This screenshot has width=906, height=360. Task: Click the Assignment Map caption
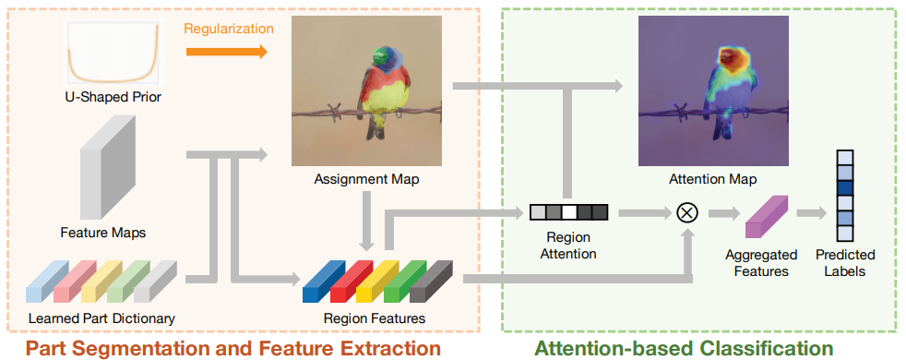(x=368, y=179)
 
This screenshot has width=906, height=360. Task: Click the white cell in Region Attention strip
(x=568, y=212)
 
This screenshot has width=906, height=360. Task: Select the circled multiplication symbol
(x=686, y=212)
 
